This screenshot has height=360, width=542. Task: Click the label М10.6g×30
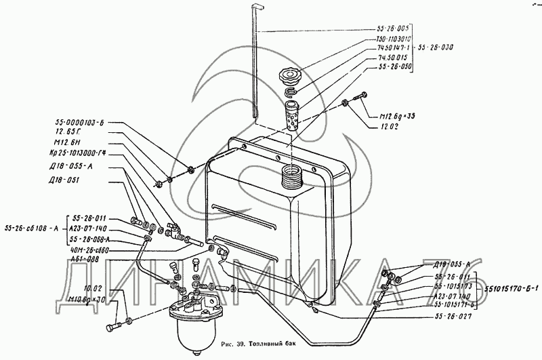[89, 300]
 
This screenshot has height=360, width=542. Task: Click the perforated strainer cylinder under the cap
[292, 116]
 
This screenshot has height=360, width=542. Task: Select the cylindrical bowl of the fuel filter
[193, 336]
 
